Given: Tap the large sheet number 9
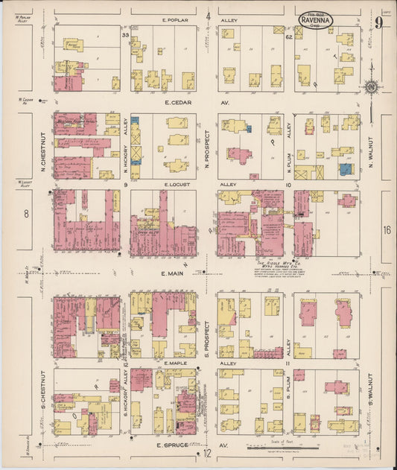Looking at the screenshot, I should (379, 23).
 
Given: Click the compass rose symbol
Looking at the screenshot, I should (370, 87).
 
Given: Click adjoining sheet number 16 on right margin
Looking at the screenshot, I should (387, 230).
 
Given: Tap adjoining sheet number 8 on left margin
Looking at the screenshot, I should (26, 215).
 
